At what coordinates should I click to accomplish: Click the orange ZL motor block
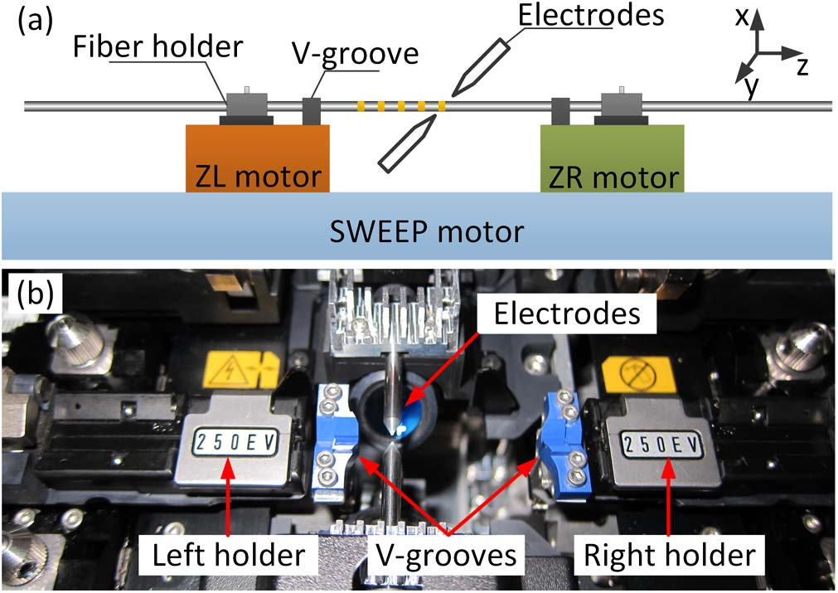point(257,158)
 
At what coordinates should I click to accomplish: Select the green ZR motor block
point(612,158)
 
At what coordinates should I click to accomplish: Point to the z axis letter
point(802,66)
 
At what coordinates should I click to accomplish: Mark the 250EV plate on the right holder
point(660,441)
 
